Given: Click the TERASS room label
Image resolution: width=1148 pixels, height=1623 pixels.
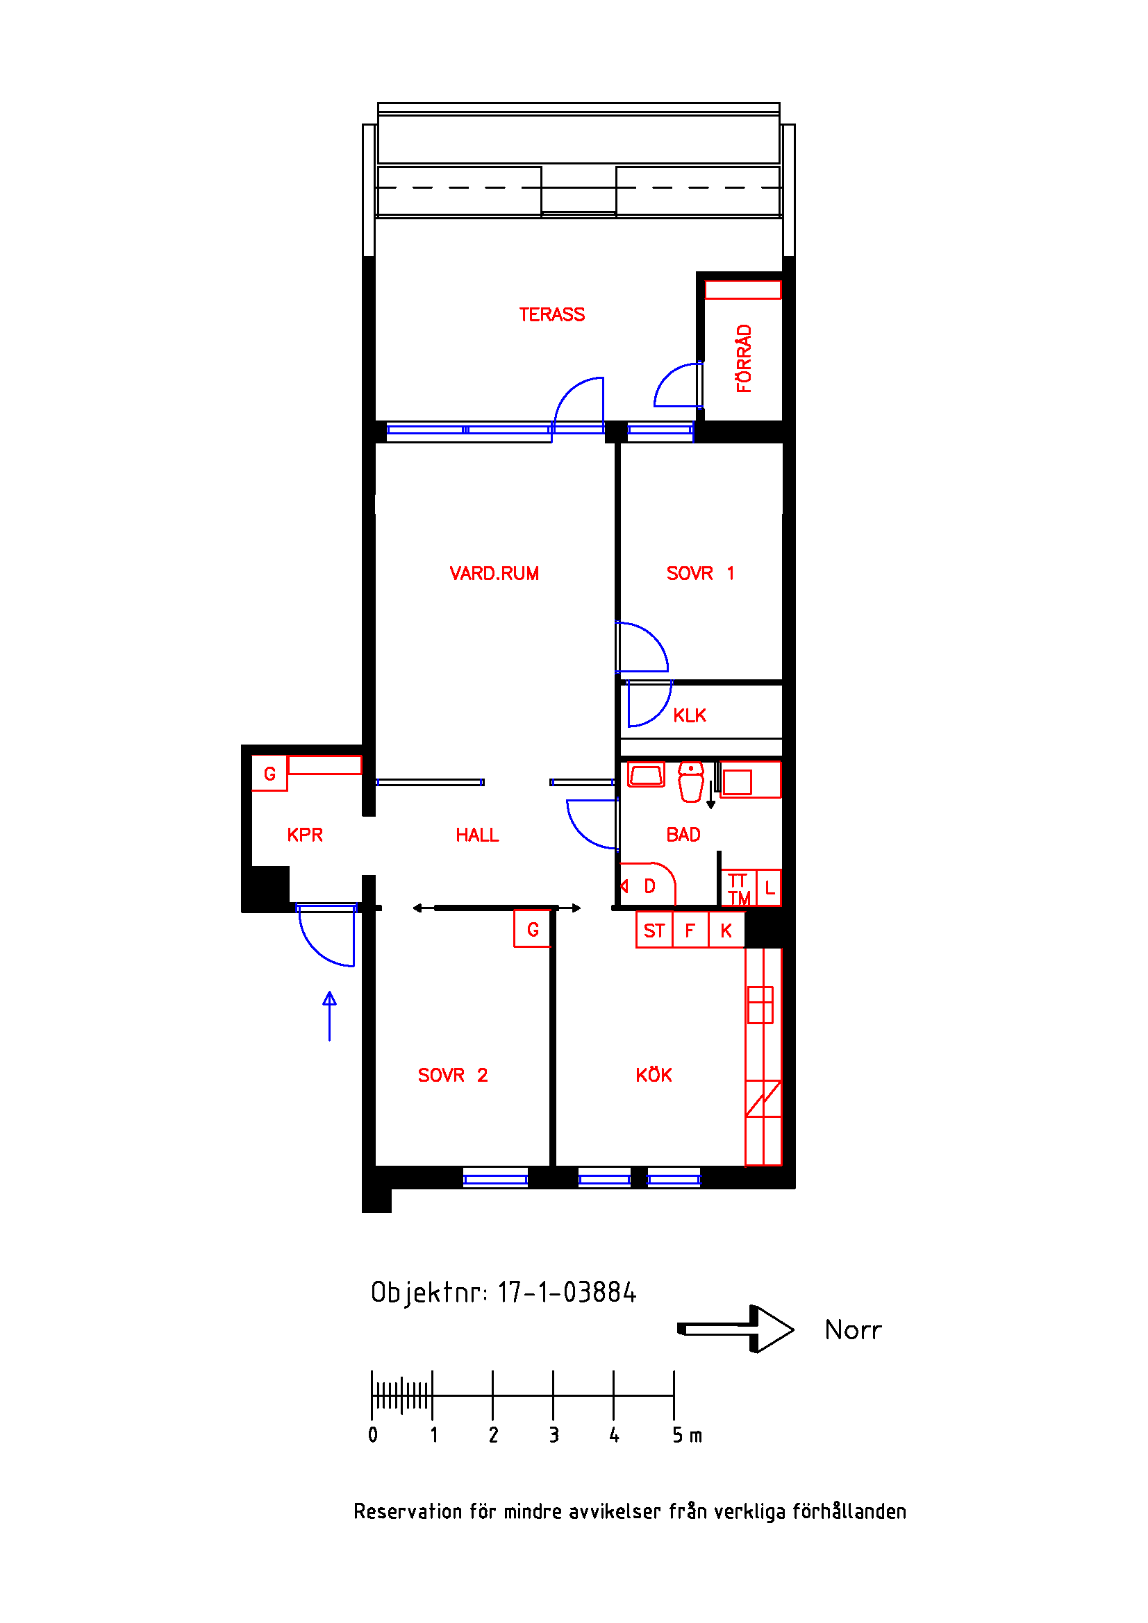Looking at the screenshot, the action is [x=551, y=314].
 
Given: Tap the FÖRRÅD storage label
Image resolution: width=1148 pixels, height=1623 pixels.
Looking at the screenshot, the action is [x=743, y=358].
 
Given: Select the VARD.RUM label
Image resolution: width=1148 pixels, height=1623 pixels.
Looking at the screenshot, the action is [x=494, y=573].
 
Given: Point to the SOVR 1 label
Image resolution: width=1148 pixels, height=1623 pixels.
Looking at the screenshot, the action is [x=700, y=573].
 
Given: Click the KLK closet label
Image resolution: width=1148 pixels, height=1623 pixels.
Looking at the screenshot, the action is [x=689, y=715].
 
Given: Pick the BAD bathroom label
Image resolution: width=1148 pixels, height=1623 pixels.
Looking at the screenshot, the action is [x=683, y=835].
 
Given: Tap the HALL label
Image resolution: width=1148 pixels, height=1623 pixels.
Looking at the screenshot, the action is [x=476, y=835].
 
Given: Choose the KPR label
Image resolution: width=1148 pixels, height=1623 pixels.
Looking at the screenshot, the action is [x=304, y=835].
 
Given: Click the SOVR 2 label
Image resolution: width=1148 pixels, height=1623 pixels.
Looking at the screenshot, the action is [x=453, y=1075].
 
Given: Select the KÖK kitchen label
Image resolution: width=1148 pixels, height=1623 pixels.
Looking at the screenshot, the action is [x=653, y=1075].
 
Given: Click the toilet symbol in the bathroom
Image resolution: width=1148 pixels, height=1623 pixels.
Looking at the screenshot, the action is [x=690, y=781].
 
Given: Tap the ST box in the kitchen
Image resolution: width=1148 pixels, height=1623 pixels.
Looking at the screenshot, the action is [x=654, y=930].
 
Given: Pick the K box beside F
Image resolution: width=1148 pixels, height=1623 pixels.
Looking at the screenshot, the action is [x=726, y=930].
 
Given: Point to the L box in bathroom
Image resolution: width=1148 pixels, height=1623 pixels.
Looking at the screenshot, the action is [x=769, y=888].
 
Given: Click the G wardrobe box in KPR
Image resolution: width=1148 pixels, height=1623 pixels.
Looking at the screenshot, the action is [x=269, y=773].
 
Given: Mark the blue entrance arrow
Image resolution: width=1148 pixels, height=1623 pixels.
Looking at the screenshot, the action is [x=330, y=1016].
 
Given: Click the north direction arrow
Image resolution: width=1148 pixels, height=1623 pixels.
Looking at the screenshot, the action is [x=735, y=1329].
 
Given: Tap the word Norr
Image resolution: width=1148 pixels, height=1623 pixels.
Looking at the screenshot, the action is [x=853, y=1330].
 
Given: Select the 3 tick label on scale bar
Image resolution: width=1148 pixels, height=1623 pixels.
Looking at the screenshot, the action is [x=554, y=1435].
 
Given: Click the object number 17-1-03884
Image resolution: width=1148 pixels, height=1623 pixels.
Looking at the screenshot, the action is [x=567, y=1292].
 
